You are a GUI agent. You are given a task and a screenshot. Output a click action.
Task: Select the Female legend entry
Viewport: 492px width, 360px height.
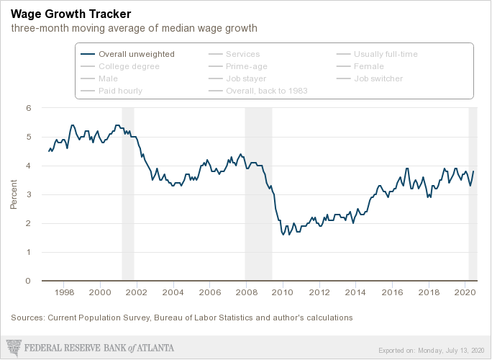pos(369,66)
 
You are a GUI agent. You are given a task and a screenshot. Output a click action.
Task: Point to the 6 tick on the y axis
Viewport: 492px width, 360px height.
pos(29,108)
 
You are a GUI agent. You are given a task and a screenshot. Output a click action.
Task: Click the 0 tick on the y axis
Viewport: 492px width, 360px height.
pos(29,281)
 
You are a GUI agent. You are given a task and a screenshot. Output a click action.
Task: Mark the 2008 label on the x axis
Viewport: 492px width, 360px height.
pos(246,293)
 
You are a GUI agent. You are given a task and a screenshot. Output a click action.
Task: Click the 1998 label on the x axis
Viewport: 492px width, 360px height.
pos(64,293)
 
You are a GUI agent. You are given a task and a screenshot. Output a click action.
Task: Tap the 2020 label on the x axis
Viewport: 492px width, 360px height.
pos(465,293)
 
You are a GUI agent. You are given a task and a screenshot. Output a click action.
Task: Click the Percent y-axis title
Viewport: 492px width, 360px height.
pos(14,194)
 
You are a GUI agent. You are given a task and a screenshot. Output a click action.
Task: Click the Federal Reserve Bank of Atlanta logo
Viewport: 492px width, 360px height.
pos(90,348)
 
